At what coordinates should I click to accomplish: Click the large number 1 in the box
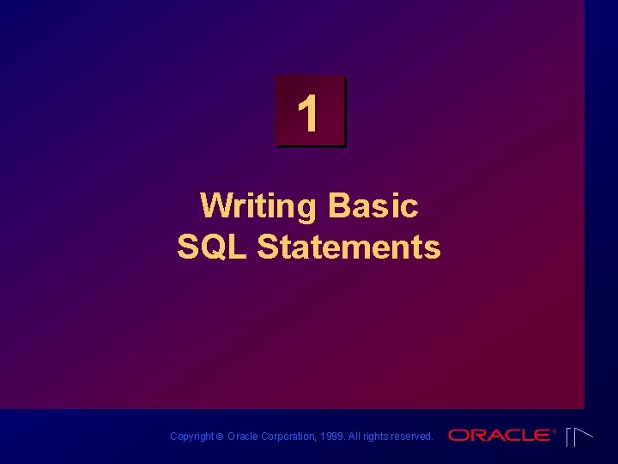(x=308, y=114)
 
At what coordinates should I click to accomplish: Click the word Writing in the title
(x=257, y=206)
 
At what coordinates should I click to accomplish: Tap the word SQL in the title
(x=213, y=247)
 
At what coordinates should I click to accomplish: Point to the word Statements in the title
(x=348, y=247)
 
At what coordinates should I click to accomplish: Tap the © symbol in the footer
(x=219, y=437)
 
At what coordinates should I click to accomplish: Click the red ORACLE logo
(x=500, y=436)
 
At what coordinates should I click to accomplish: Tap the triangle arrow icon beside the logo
(x=579, y=437)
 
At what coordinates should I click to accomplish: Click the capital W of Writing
(x=215, y=206)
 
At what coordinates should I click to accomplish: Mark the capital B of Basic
(x=338, y=206)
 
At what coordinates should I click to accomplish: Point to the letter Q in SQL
(x=211, y=247)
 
